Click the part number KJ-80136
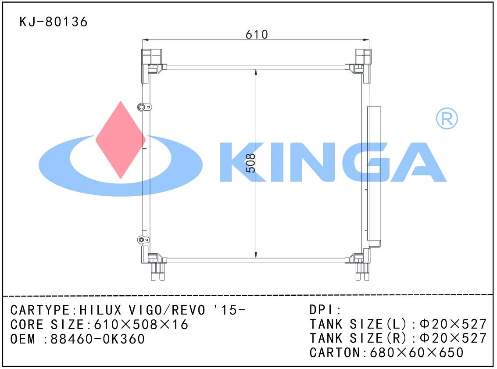[x=53, y=22]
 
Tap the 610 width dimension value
[x=257, y=34]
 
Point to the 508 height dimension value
[x=251, y=163]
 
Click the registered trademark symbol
[x=447, y=118]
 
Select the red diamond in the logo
[x=121, y=140]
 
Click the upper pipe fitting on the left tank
[x=144, y=107]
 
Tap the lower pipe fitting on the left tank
[x=143, y=240]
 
